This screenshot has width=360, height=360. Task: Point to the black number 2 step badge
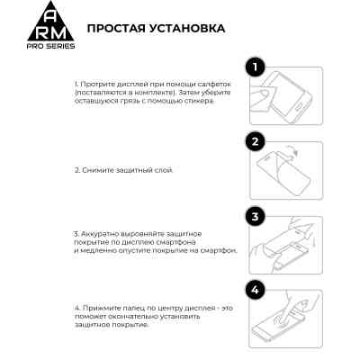pos(256,141)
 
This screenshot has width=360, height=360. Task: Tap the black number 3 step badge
pos(256,217)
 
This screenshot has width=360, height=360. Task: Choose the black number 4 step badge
pos(256,290)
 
